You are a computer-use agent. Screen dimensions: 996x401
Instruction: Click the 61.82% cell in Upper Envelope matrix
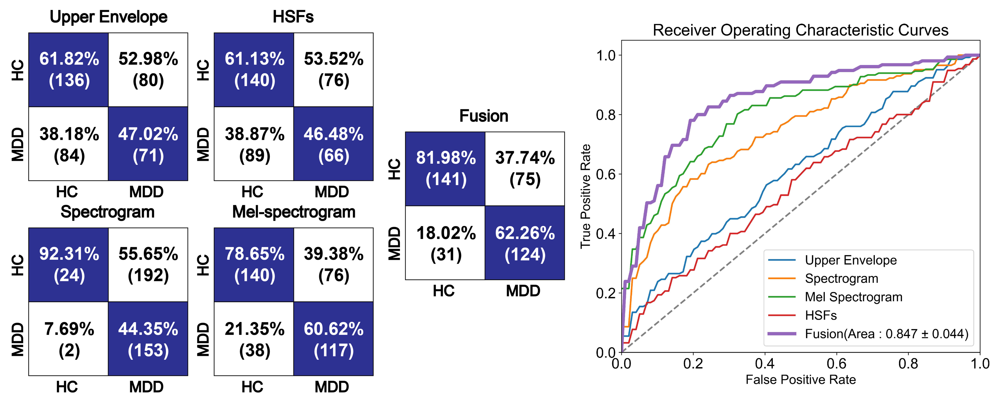68,70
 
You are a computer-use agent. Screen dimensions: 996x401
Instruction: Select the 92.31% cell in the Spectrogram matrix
68,265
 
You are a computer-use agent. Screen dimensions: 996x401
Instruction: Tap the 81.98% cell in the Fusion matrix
445,169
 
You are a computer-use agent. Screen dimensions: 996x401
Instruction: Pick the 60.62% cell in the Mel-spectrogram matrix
334,339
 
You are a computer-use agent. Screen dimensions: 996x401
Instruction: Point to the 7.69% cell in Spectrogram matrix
68,339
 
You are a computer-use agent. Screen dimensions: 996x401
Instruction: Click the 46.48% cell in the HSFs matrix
334,144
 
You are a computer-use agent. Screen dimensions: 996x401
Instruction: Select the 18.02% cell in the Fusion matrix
445,243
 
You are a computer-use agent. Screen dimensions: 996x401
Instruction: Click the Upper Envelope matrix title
109,17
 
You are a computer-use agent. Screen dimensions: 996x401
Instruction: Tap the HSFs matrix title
293,17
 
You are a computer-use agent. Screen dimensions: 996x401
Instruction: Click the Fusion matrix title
484,116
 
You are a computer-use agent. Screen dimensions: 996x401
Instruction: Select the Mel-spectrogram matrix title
294,212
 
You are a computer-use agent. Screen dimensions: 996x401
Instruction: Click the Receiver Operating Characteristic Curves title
800,30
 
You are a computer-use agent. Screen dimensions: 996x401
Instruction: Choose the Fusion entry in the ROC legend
868,334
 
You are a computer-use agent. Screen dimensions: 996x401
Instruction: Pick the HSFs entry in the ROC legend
802,315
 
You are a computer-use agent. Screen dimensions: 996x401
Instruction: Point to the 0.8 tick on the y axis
606,115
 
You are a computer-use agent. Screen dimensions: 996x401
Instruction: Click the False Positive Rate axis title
801,380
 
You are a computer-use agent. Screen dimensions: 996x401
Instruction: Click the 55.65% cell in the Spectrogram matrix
148,265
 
